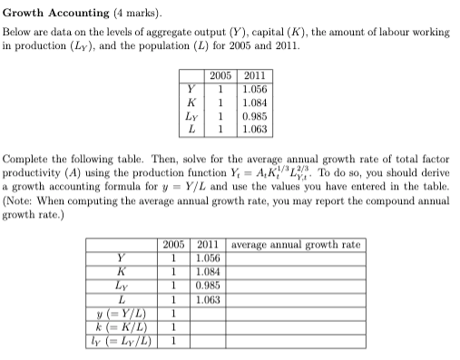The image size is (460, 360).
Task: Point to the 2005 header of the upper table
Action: coord(220,76)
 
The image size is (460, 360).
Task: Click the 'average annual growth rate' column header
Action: coord(298,245)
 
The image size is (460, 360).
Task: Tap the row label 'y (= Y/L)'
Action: coord(121,314)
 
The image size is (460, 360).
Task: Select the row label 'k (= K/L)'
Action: coord(121,327)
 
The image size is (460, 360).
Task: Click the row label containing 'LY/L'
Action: coord(121,341)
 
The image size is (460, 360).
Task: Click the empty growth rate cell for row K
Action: coord(298,272)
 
